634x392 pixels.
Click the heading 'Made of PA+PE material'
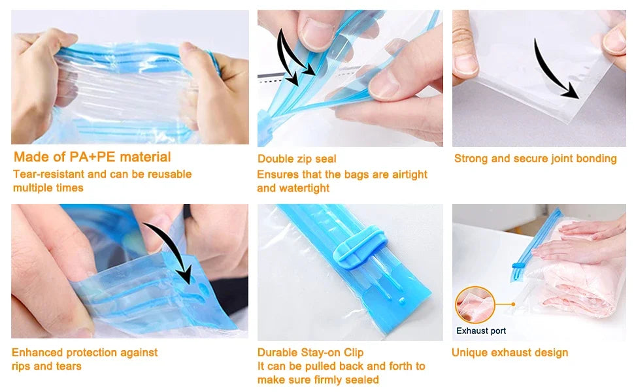pos(92,157)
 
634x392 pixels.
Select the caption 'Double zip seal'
pos(297,159)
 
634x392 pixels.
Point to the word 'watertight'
pos(303,188)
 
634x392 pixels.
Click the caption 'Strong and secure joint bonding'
pos(535,158)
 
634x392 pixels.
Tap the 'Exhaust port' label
pos(481,331)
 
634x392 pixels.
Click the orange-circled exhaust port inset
pos(475,305)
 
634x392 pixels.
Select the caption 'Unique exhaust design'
pos(510,353)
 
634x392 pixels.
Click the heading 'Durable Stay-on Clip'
pos(310,353)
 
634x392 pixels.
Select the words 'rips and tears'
pos(46,367)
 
